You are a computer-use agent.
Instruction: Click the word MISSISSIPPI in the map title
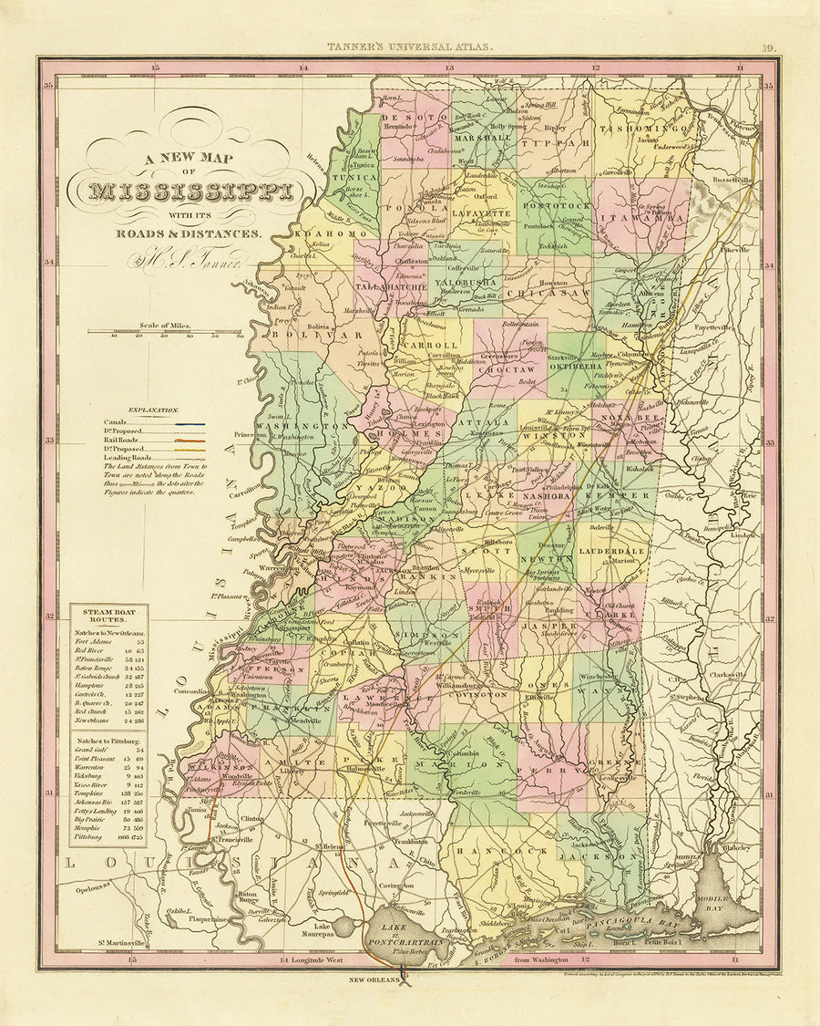tap(192, 192)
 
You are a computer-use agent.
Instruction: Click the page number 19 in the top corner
tap(767, 48)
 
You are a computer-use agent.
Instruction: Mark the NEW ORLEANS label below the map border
tap(374, 980)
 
